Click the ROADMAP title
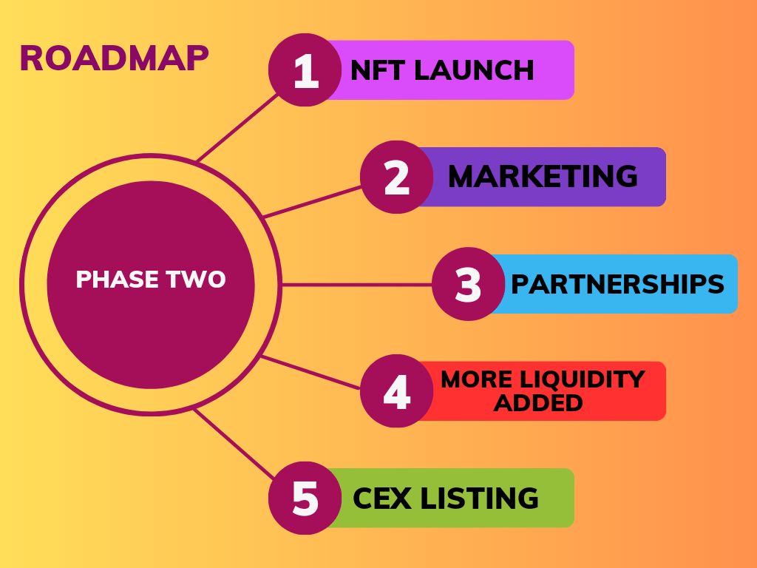(x=114, y=58)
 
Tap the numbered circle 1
(x=305, y=70)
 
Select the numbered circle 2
(x=397, y=177)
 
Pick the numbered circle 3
(x=468, y=284)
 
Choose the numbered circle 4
(x=397, y=390)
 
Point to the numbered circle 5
(x=305, y=498)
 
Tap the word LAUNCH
(x=474, y=70)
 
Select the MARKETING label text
(x=543, y=176)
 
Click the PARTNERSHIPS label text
(x=617, y=284)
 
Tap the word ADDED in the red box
(x=538, y=403)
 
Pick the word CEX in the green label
(x=382, y=498)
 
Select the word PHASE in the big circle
(x=118, y=279)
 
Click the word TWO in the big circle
(x=195, y=279)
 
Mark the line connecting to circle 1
(x=237, y=128)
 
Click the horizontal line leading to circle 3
(x=357, y=285)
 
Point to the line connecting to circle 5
(x=234, y=444)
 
